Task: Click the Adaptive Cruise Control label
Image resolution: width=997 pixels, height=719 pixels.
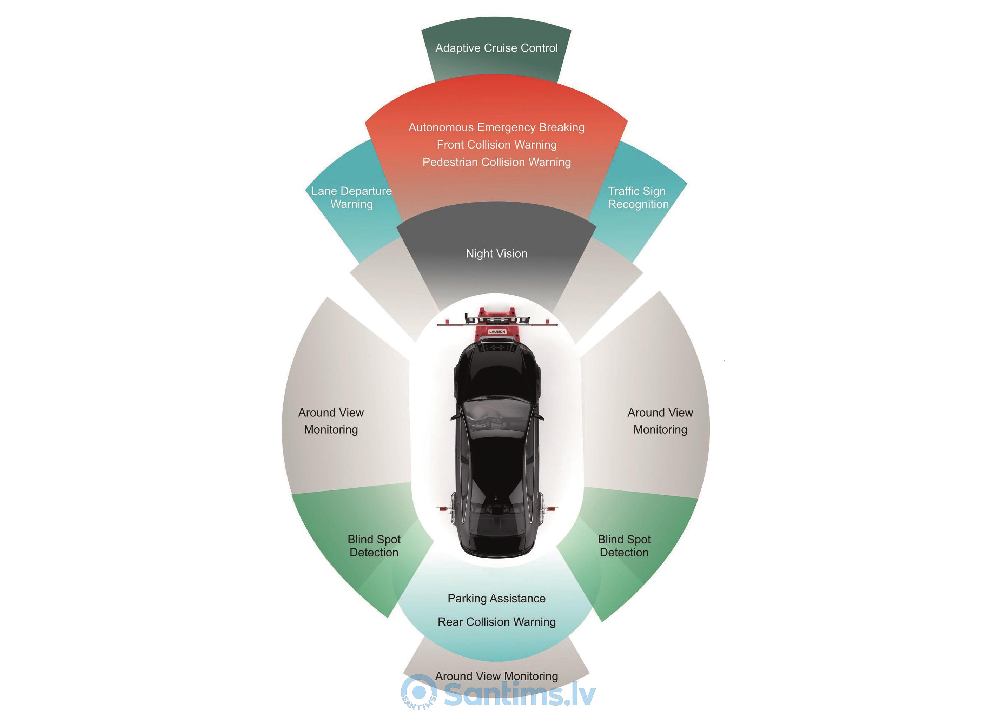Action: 496,48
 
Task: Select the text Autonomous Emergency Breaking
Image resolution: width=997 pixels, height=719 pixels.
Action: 496,127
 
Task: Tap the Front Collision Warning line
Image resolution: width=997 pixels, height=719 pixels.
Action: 496,145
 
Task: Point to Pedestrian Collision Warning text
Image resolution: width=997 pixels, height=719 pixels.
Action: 496,162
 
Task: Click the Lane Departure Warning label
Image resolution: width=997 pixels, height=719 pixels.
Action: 351,198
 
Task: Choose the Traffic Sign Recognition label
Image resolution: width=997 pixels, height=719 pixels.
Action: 638,198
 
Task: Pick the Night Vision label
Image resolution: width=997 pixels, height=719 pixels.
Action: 496,253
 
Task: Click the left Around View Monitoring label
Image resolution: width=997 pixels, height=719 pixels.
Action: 331,421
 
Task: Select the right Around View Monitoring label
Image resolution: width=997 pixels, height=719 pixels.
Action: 660,421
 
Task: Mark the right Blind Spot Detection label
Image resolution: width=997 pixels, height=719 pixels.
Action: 624,546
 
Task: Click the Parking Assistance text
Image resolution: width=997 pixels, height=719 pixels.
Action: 496,599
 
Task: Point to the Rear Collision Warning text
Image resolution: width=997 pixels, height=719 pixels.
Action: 496,622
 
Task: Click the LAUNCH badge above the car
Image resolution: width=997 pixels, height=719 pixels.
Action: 497,332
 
